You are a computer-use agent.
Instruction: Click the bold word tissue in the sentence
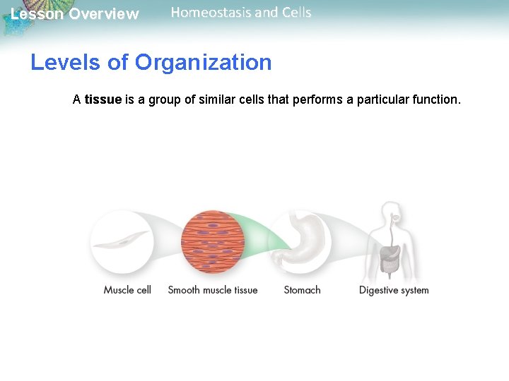tap(103, 99)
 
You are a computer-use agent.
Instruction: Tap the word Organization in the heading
tap(203, 62)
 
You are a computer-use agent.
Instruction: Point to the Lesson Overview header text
tap(75, 14)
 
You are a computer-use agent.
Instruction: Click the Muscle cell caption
tap(127, 290)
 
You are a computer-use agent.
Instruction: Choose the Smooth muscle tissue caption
tap(213, 290)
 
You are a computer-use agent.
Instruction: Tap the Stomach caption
tap(302, 290)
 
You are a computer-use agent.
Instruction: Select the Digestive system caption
tap(394, 290)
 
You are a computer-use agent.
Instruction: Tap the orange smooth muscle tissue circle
tap(213, 242)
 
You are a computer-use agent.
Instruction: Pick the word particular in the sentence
tap(382, 99)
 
